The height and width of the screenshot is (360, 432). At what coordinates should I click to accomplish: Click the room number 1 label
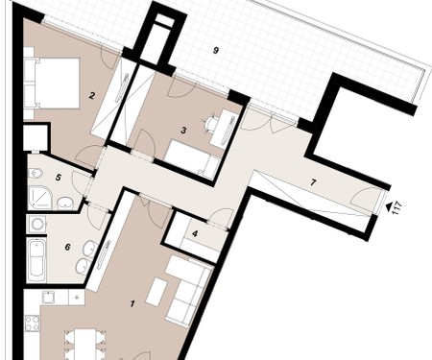[132, 303]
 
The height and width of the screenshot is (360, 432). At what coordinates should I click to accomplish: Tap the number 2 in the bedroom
[92, 95]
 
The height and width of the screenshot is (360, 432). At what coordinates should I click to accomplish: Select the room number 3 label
[183, 131]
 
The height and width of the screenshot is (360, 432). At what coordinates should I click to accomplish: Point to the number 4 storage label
[195, 233]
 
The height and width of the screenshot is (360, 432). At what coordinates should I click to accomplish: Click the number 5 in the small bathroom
[58, 178]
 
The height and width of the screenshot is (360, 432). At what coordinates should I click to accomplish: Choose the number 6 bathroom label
[67, 247]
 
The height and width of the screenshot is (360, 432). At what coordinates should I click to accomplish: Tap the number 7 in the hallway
[313, 182]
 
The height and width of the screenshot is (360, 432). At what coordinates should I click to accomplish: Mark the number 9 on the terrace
[216, 50]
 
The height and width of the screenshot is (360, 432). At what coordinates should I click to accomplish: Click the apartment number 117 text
[396, 208]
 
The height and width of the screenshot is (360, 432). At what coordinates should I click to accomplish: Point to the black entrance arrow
[389, 207]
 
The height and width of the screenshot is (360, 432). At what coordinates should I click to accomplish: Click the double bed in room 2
[52, 84]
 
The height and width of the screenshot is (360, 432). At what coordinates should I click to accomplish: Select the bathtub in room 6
[37, 260]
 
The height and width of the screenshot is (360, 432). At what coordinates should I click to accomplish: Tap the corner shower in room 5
[39, 199]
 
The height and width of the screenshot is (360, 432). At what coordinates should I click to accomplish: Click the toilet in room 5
[34, 173]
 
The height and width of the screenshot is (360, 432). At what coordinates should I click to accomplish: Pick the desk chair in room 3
[211, 123]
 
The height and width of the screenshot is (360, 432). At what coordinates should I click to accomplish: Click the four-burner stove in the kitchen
[32, 324]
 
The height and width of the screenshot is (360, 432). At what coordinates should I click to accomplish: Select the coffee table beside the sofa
[157, 293]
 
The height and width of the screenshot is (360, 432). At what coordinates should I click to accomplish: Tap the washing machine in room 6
[37, 225]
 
